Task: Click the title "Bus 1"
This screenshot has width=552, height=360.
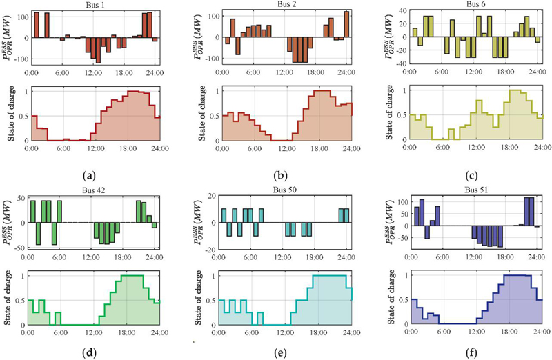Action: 95,5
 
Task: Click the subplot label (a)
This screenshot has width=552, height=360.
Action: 95,166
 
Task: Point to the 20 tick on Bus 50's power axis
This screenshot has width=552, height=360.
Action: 211,198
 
